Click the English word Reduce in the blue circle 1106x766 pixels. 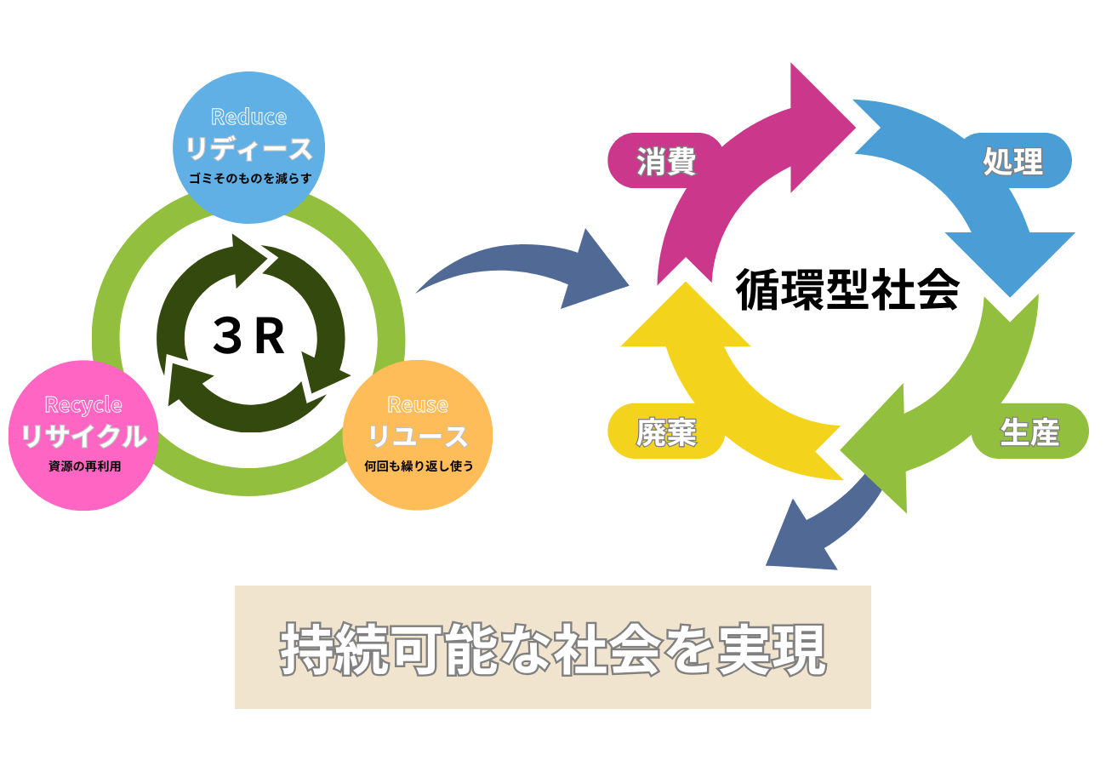point(248,116)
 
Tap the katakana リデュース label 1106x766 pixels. point(248,149)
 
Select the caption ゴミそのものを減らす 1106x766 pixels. point(249,179)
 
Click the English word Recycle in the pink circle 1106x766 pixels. point(83,404)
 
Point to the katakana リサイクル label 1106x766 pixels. point(83,436)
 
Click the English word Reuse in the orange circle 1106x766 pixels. point(417,404)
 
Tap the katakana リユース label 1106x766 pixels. point(417,436)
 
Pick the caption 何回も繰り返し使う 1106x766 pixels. point(418,466)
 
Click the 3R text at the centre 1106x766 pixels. point(248,337)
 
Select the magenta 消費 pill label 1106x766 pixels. point(666,160)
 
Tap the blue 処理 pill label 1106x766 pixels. point(1012,160)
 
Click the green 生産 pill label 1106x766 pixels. point(1029,432)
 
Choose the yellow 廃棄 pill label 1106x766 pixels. point(666,432)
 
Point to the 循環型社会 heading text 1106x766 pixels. point(847,289)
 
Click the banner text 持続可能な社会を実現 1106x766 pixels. point(553,649)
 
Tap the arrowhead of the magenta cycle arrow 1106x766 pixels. point(817,128)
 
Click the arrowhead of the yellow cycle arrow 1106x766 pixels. point(686,319)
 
